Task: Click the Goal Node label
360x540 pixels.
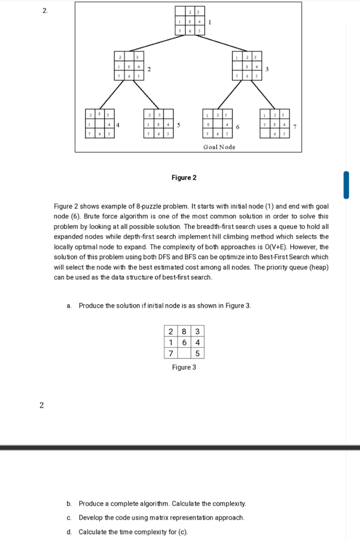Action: coord(219,147)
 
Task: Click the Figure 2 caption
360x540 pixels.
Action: coord(184,178)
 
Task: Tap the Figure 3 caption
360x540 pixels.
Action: coord(184,367)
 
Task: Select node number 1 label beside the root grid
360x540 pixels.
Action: coord(210,22)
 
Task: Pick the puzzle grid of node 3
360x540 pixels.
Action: coord(248,67)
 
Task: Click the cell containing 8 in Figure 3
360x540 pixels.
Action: coord(184,332)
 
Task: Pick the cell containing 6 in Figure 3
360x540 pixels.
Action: coord(184,342)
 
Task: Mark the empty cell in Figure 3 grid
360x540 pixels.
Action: coord(184,353)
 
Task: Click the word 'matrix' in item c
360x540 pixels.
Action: coord(135,517)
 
